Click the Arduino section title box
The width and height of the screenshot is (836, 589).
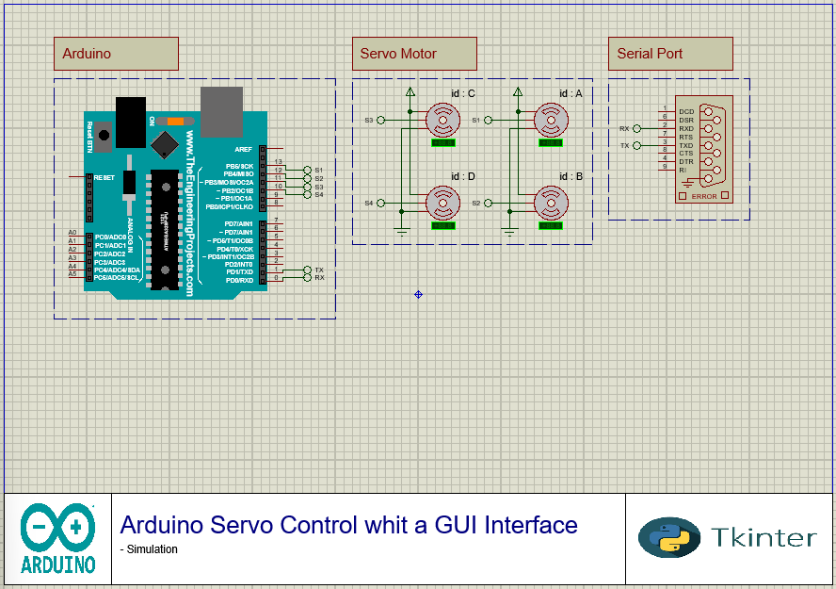(116, 54)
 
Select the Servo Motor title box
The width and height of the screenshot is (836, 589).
(414, 54)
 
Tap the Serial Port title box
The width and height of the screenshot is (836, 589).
(670, 54)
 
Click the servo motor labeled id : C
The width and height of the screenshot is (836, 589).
(441, 120)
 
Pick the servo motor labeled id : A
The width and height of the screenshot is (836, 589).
(550, 120)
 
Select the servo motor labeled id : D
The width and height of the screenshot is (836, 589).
(441, 202)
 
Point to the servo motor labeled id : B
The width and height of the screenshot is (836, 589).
(550, 202)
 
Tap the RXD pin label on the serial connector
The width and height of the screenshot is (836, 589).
(686, 129)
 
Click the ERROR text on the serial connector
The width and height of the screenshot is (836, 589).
(703, 196)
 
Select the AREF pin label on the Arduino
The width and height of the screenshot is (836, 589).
(244, 149)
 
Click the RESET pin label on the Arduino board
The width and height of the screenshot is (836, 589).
(104, 177)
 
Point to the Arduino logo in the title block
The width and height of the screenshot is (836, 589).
(58, 539)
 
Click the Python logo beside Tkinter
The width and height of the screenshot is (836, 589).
(669, 537)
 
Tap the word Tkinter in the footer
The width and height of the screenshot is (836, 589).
(764, 537)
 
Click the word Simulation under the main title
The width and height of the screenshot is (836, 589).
(152, 549)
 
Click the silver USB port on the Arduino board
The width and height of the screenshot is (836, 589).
(221, 111)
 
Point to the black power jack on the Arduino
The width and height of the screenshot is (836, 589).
(131, 121)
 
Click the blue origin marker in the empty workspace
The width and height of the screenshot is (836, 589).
(418, 295)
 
